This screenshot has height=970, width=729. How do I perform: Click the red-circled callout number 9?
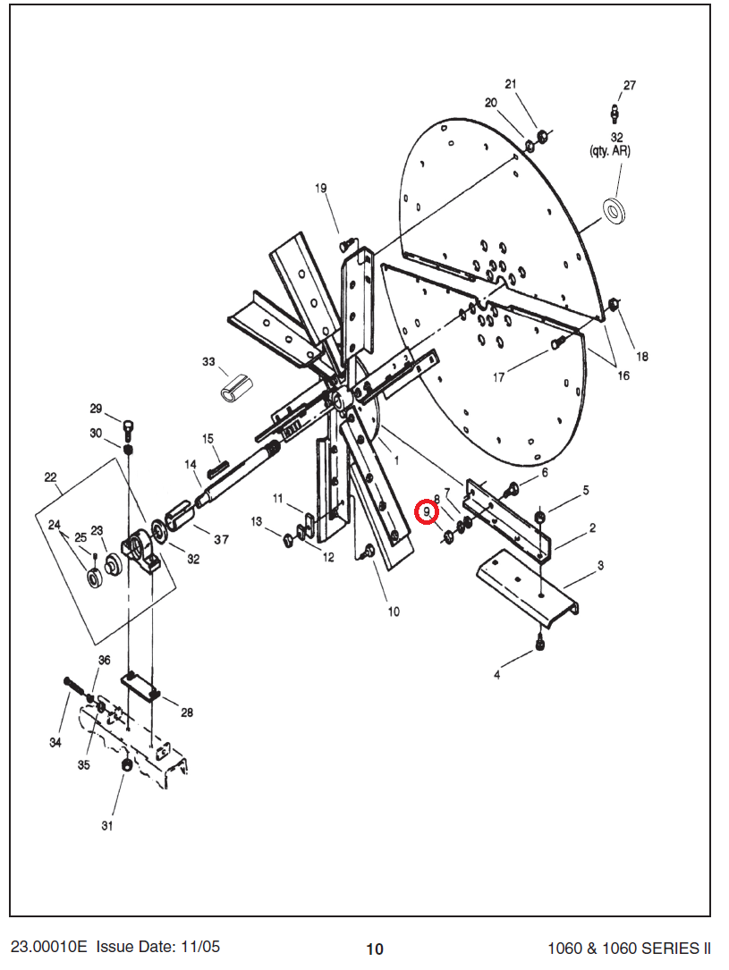click(427, 511)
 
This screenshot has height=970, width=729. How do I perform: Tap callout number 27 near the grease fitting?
click(630, 85)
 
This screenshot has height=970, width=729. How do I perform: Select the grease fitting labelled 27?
click(615, 114)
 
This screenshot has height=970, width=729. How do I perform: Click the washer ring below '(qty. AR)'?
click(615, 211)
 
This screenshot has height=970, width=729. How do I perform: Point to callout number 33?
click(208, 362)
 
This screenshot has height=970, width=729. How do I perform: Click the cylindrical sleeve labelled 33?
click(237, 387)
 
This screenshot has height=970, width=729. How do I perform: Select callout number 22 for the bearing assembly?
click(50, 477)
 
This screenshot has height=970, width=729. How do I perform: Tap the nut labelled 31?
click(126, 765)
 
